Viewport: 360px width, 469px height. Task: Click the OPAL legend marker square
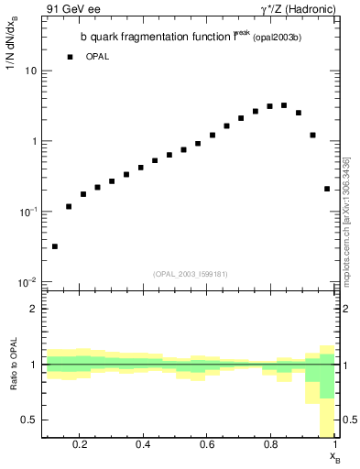[x=70, y=57]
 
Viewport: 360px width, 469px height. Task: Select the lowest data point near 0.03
[x=55, y=246]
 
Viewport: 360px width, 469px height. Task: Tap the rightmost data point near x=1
[x=327, y=189]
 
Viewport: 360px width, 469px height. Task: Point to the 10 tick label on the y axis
[x=29, y=71]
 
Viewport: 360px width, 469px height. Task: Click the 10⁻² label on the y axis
[x=27, y=282]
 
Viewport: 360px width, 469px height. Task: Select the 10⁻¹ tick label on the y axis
[x=27, y=212]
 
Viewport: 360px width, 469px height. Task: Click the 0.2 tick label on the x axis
[x=80, y=445]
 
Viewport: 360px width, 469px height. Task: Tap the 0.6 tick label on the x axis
[x=207, y=445]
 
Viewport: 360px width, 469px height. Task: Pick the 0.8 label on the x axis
[x=270, y=445]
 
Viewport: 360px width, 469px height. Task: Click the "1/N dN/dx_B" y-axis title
[x=12, y=57]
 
